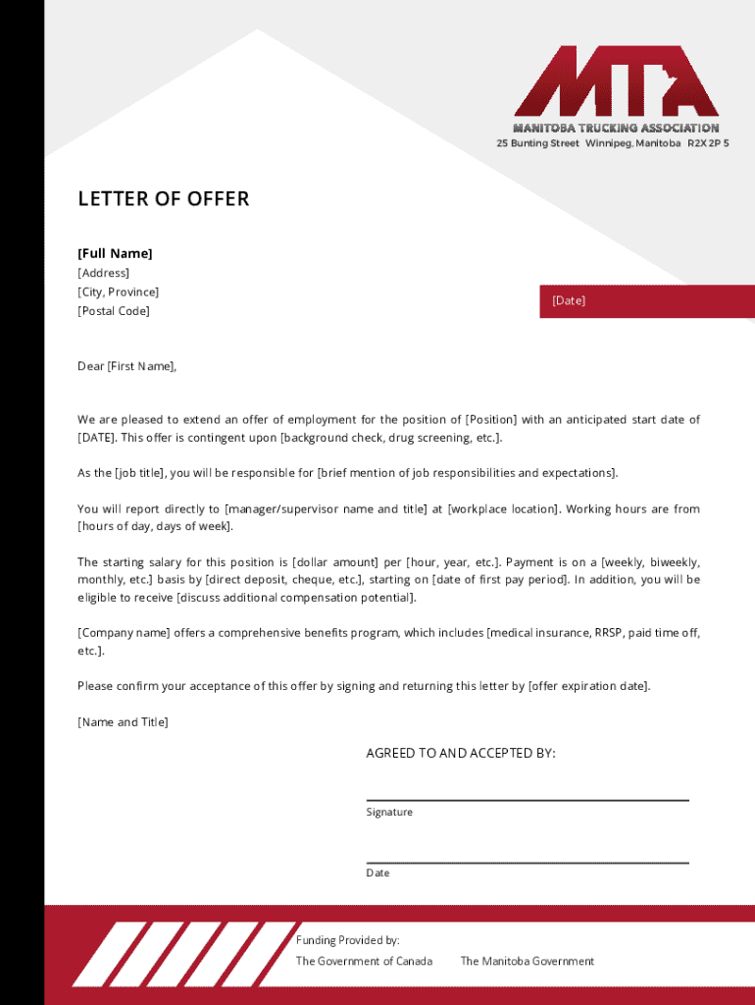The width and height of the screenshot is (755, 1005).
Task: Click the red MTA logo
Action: (x=616, y=80)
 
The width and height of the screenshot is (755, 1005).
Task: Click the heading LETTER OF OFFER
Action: (x=164, y=199)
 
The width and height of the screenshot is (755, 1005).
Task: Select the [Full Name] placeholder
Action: (x=115, y=253)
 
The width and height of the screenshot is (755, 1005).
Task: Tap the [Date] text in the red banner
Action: (x=568, y=300)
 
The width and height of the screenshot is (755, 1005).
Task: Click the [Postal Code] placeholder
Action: (x=114, y=311)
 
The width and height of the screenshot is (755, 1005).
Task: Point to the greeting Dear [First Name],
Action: (x=127, y=366)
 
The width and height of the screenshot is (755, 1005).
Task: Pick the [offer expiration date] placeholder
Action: (x=588, y=686)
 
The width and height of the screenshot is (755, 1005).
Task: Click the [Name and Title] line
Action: (x=123, y=722)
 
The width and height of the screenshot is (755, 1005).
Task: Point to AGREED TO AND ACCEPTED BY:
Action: (x=461, y=754)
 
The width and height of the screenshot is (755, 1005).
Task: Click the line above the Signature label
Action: (x=528, y=800)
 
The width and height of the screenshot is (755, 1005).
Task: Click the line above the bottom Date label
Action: (x=528, y=863)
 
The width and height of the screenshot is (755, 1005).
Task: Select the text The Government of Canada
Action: (x=364, y=961)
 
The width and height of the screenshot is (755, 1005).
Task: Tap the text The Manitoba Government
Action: (x=528, y=961)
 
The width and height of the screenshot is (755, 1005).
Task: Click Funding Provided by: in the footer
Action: (x=348, y=940)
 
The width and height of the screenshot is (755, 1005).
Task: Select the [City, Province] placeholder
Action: (x=118, y=292)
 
